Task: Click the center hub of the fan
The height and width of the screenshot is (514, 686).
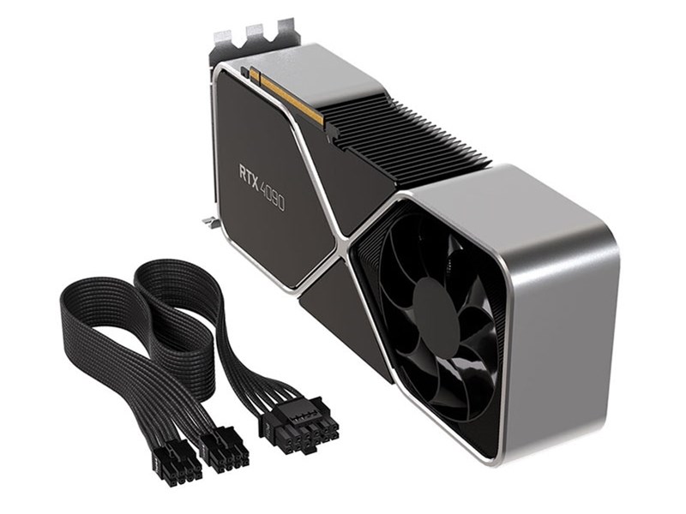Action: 433,307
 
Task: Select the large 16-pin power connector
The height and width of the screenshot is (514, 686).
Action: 298,432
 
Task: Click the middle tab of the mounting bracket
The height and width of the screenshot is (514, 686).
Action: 254,33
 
